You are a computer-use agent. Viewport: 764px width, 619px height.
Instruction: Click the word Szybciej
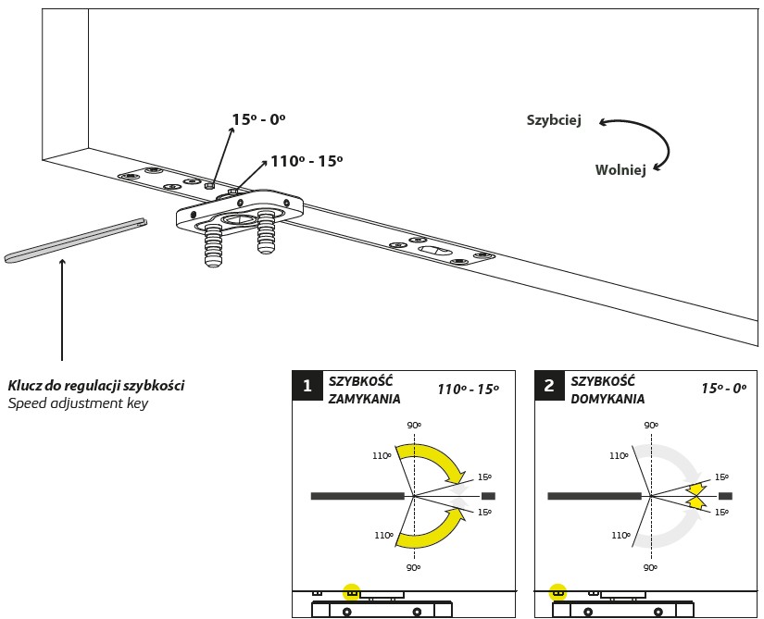click(554, 120)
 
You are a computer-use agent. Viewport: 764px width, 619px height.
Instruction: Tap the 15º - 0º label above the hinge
click(258, 118)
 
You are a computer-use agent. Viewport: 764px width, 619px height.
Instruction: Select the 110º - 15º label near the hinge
click(307, 161)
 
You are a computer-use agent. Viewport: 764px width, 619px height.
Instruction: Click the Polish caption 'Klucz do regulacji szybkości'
click(95, 385)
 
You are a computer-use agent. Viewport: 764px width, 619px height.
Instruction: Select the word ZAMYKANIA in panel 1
click(364, 400)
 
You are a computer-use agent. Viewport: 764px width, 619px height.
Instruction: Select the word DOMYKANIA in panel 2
click(607, 400)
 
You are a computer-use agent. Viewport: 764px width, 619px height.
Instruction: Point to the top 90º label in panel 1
click(414, 426)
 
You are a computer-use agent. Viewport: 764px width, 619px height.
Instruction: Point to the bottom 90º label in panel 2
click(651, 567)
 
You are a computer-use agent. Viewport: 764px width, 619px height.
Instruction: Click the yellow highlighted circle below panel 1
click(351, 592)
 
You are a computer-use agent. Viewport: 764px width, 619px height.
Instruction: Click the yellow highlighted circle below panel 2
click(557, 592)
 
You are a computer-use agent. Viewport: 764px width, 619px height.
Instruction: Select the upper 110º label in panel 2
click(620, 455)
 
